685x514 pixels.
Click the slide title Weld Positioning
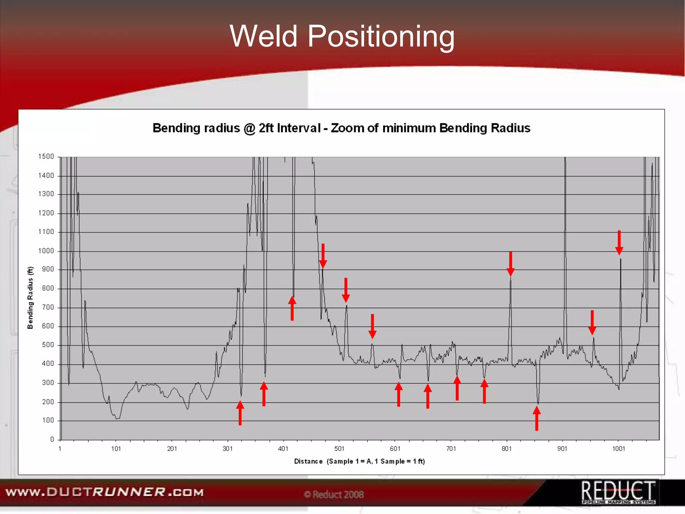pyautogui.click(x=342, y=36)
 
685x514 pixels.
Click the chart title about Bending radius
pyautogui.click(x=341, y=128)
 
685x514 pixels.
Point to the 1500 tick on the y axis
pyautogui.click(x=46, y=157)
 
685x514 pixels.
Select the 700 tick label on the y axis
pyautogui.click(x=47, y=307)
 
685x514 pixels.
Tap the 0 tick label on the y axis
pyautogui.click(x=52, y=439)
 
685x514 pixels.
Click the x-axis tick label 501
pyautogui.click(x=339, y=449)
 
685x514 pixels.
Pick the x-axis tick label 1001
pyautogui.click(x=618, y=449)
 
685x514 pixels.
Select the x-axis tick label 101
pyautogui.click(x=116, y=449)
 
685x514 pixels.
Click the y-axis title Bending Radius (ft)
pyautogui.click(x=30, y=297)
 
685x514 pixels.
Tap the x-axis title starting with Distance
pyautogui.click(x=359, y=461)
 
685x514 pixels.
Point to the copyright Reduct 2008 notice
pyautogui.click(x=334, y=495)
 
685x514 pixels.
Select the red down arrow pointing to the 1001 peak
pyautogui.click(x=619, y=243)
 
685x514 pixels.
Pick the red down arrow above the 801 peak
pyautogui.click(x=510, y=264)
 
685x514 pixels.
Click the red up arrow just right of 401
pyautogui.click(x=292, y=308)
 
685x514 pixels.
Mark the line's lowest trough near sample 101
pyautogui.click(x=117, y=418)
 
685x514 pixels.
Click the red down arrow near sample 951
pyautogui.click(x=592, y=322)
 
